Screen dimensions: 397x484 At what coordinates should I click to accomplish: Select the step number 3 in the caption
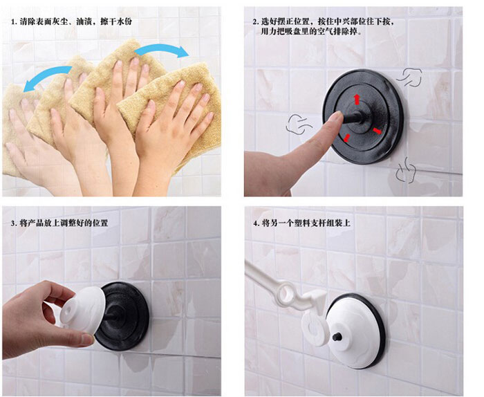[x=14, y=223]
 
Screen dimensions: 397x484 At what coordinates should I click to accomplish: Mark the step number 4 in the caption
[x=255, y=223]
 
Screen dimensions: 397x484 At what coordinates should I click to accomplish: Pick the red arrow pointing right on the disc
[x=378, y=131]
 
